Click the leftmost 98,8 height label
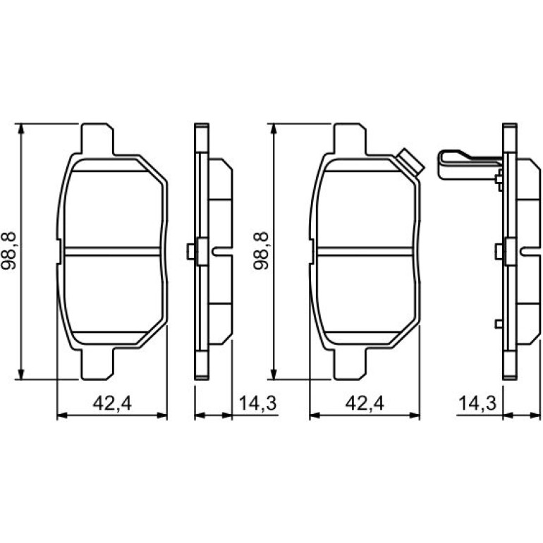point(9,251)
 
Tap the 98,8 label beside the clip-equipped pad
point(261,251)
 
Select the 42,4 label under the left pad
point(112,403)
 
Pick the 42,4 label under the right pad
point(365,403)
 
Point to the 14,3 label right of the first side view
point(257,403)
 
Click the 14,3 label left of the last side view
point(477,403)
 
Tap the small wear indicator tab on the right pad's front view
point(410,162)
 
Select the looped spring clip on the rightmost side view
point(469,165)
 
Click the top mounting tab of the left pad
point(97,138)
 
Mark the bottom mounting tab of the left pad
point(97,365)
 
